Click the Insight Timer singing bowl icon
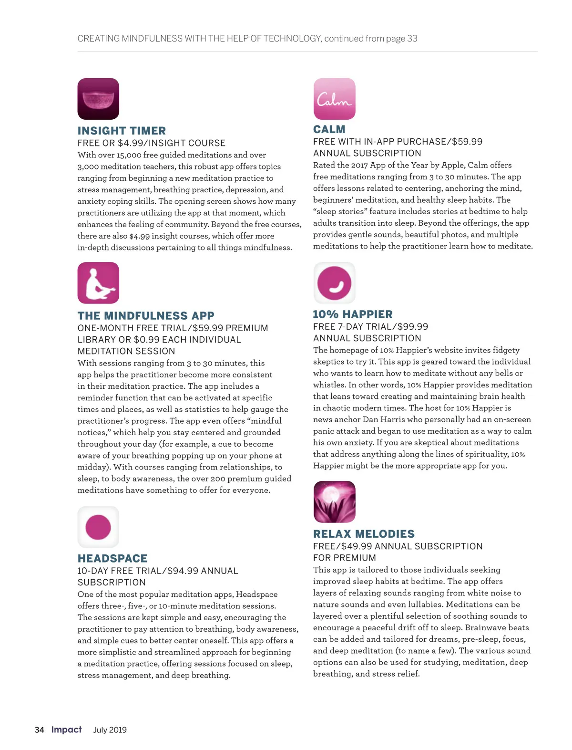[98, 99]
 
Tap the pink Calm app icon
[334, 99]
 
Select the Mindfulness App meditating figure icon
[98, 283]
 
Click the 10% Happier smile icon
[334, 283]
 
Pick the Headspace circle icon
[98, 527]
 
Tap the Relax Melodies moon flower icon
[334, 501]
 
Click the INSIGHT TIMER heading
[122, 131]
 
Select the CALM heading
[329, 129]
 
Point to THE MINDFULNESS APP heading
[146, 316]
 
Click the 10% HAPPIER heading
[353, 314]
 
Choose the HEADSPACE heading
[112, 559]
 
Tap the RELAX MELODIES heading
[364, 534]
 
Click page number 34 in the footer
[40, 729]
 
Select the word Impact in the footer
[66, 729]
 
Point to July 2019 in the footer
[110, 730]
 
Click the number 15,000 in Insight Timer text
[129, 155]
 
